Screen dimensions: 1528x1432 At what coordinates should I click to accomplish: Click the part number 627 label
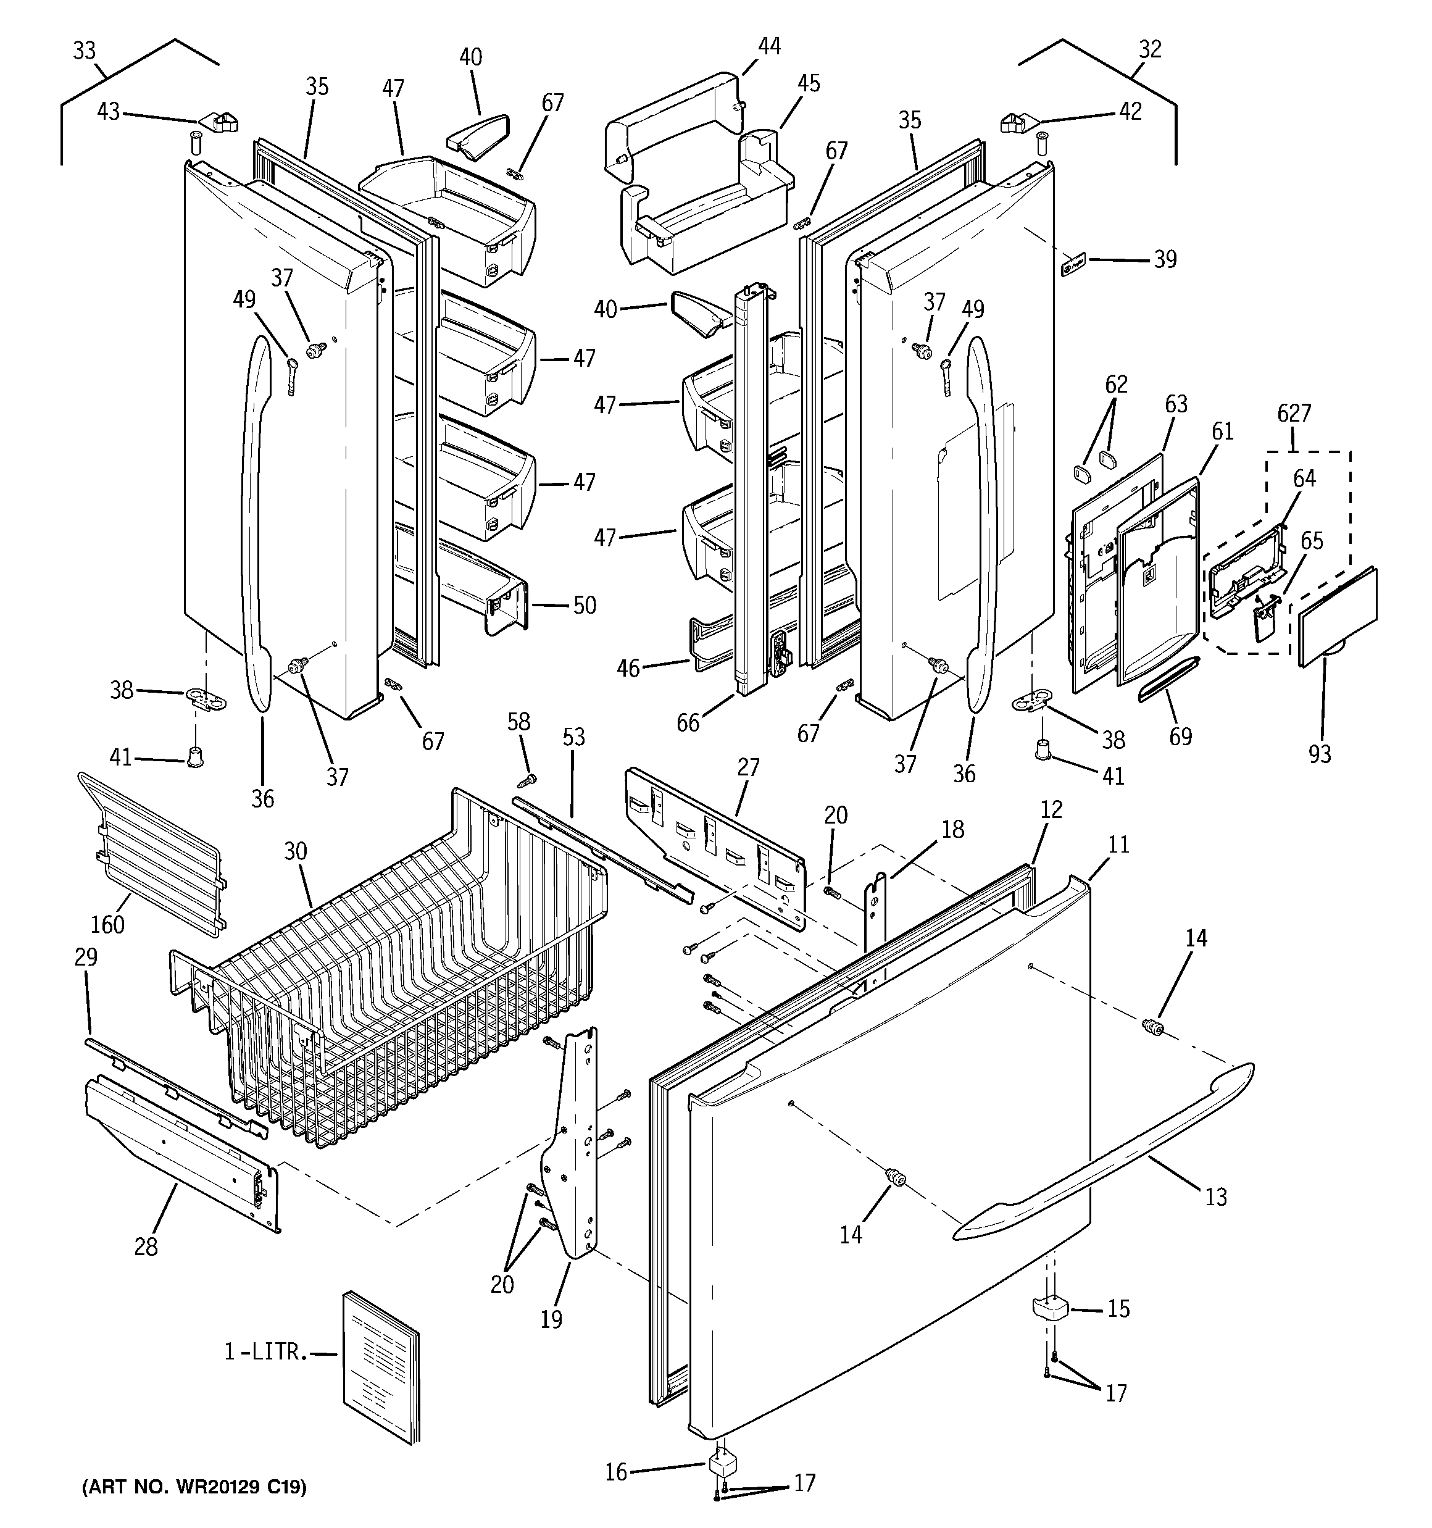(x=1294, y=414)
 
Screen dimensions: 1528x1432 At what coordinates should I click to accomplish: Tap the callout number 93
(x=1320, y=754)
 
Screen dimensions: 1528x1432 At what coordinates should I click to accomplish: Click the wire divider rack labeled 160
(x=150, y=853)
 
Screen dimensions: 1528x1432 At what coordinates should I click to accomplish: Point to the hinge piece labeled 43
(x=220, y=120)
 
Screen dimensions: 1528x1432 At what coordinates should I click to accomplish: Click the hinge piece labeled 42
(x=1018, y=122)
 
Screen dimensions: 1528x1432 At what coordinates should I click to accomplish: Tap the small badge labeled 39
(x=1071, y=267)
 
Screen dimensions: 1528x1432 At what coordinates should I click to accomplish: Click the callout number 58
(x=519, y=722)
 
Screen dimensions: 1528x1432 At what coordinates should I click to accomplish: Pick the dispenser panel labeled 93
(x=1338, y=615)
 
